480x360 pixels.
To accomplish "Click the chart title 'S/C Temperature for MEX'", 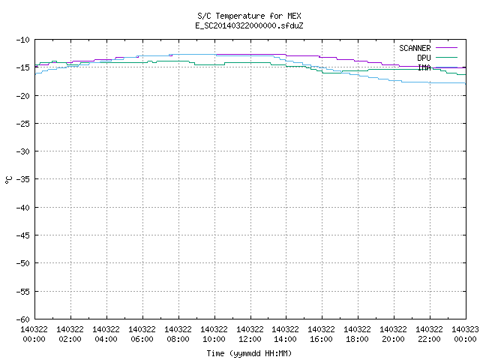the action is click(x=249, y=16).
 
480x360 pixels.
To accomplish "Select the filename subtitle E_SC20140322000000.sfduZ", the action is click(x=249, y=25).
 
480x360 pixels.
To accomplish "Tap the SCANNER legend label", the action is click(x=415, y=48).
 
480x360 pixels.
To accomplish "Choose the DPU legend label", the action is click(x=424, y=58).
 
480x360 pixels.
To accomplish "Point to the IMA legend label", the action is click(x=424, y=67).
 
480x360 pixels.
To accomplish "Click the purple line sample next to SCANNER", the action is click(x=446, y=48).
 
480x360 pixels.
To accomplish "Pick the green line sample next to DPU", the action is click(x=446, y=57).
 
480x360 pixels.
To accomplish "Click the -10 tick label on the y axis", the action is click(x=23, y=40).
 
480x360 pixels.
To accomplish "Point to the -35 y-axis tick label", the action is click(x=23, y=179).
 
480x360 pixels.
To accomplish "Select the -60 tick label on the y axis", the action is click(x=23, y=319).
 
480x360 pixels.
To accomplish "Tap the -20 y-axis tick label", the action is click(x=23, y=96).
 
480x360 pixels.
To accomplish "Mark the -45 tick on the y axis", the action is click(x=23, y=235).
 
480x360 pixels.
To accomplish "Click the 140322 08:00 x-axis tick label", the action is click(x=178, y=334).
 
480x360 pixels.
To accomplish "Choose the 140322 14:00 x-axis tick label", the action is click(x=285, y=334).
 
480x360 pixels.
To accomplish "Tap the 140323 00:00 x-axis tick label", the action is click(x=465, y=334).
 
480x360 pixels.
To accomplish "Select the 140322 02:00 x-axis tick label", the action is click(x=70, y=334).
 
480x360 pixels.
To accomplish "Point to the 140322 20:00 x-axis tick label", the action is click(x=393, y=334).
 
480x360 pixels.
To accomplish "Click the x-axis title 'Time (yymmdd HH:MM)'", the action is click(x=249, y=353).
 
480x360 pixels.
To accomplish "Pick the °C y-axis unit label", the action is click(x=9, y=180).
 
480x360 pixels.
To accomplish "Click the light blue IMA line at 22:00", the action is click(x=430, y=82).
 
